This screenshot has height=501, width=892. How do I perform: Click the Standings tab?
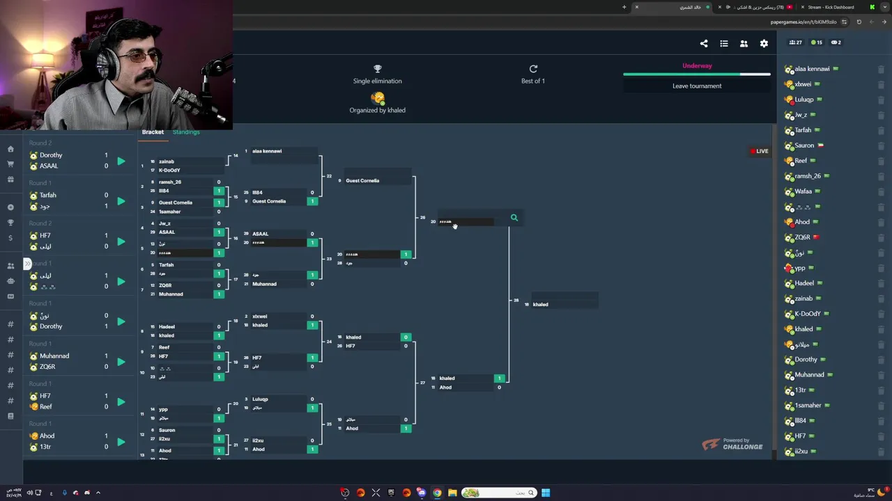186,132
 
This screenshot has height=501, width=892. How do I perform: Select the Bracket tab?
153,132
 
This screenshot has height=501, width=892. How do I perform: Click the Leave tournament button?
697,86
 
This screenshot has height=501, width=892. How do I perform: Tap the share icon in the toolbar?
704,44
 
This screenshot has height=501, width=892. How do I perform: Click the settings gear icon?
764,44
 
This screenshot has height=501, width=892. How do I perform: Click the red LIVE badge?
759,151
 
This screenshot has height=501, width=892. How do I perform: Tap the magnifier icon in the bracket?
514,218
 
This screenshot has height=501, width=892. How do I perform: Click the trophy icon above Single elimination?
377,69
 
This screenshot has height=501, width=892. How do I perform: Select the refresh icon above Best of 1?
533,69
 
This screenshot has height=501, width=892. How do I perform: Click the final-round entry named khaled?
541,305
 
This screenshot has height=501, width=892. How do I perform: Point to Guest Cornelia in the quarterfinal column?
362,181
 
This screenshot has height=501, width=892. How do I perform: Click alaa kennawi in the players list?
812,69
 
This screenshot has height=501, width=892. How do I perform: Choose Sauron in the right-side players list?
804,145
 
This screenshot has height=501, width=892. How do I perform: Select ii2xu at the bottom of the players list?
801,452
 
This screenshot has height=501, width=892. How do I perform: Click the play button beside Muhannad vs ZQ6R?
121,362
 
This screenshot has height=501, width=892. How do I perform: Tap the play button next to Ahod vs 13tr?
121,442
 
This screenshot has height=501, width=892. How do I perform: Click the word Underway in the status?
697,66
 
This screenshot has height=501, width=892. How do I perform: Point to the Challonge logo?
732,445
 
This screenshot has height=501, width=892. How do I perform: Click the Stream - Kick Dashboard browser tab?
831,7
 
